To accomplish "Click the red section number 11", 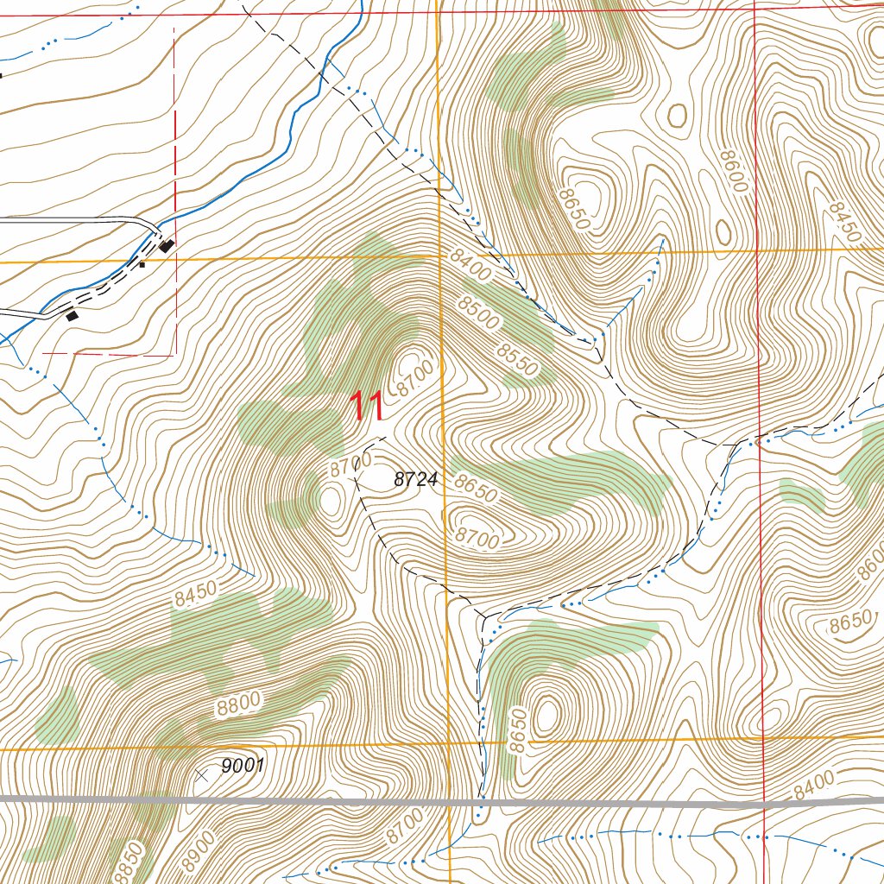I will click(367, 406).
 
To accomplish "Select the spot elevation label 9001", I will click(242, 765).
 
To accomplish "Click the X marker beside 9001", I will click(201, 775).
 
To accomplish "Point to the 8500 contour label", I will click(479, 313).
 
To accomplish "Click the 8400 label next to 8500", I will click(470, 266).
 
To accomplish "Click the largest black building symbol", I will click(167, 246).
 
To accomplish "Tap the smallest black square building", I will click(142, 264).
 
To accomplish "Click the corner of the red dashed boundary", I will click(175, 354).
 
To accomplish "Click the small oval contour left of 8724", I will click(331, 499).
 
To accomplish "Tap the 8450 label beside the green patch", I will click(194, 596).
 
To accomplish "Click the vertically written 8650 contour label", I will click(516, 732).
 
